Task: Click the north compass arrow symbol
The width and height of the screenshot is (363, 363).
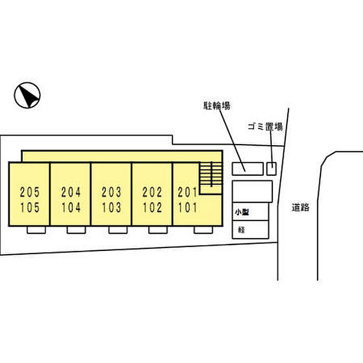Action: (27, 95)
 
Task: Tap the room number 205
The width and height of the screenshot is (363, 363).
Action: (30, 192)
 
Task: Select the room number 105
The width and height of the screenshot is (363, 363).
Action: (30, 208)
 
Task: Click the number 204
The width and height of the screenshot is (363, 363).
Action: (71, 192)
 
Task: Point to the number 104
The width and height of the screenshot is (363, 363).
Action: (71, 208)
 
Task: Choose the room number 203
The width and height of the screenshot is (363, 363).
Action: (111, 192)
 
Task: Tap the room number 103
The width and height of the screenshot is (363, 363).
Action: (111, 208)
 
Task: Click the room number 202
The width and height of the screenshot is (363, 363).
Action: (152, 192)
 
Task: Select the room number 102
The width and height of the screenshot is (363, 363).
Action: (152, 208)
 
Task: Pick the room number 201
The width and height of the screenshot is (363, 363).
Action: (187, 192)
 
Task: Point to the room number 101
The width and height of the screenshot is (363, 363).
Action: (187, 208)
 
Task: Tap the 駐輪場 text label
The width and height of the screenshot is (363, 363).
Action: (216, 106)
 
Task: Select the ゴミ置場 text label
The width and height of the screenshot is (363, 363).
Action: (264, 126)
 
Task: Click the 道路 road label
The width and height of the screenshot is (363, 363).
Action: (300, 207)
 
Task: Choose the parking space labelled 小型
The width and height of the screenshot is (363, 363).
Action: (250, 212)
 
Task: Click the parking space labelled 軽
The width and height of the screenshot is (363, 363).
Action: (250, 229)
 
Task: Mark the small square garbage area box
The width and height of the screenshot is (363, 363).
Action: (272, 169)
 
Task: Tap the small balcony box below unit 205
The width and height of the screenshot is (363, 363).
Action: (36, 230)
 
